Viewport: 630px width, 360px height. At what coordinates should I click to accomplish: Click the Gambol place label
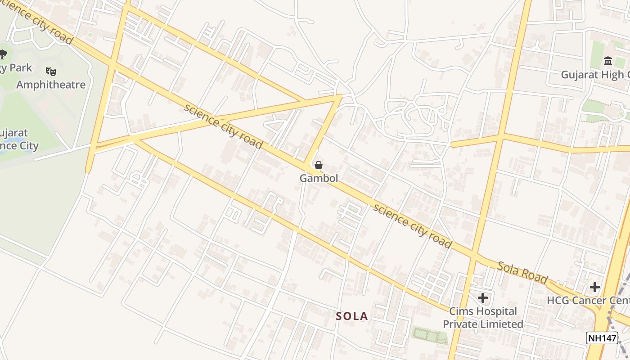(319, 178)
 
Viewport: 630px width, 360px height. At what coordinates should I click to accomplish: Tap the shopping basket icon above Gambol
(319, 165)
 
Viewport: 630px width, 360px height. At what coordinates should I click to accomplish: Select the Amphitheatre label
(51, 85)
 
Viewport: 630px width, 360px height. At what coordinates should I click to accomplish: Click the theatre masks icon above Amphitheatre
(51, 71)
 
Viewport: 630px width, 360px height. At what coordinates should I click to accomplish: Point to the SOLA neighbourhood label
(352, 316)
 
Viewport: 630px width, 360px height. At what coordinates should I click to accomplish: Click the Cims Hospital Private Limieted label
(483, 318)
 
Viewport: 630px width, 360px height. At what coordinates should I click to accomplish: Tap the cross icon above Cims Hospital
(483, 298)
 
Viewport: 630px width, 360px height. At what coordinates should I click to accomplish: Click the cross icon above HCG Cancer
(595, 287)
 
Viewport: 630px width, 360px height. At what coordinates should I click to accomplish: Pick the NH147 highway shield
(602, 338)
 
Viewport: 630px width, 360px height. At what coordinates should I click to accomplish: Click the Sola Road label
(522, 272)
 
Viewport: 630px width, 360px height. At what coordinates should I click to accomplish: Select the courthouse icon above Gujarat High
(608, 61)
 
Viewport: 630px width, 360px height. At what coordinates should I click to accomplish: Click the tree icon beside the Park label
(3, 54)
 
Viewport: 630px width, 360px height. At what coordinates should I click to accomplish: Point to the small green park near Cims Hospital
(430, 335)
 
